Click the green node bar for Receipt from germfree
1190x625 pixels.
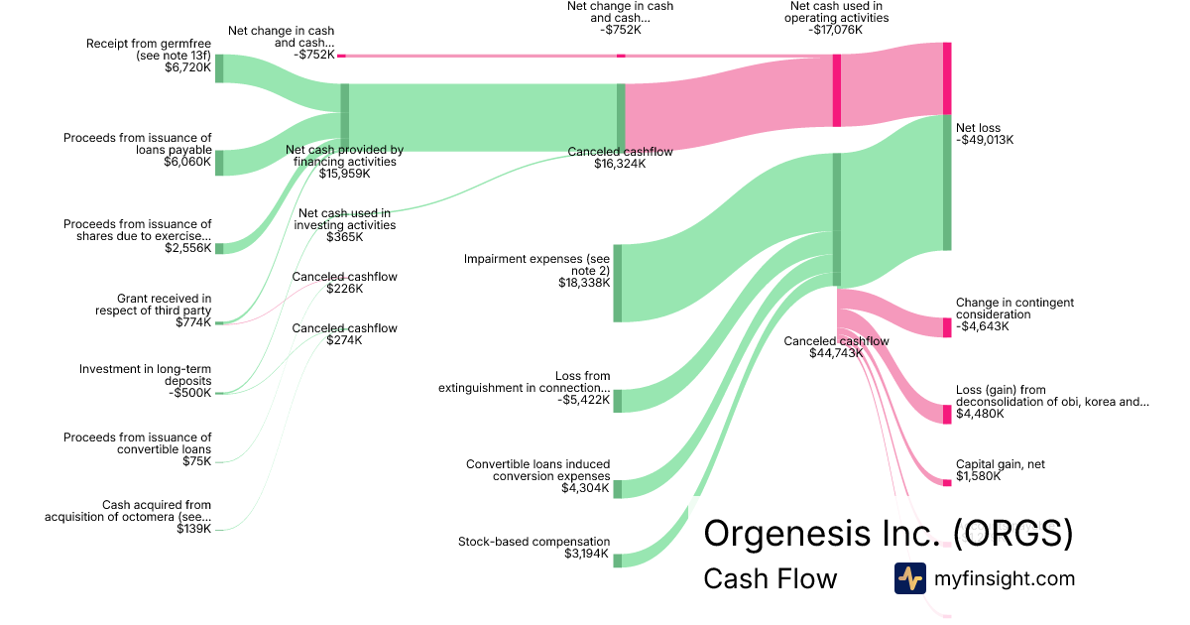(x=219, y=68)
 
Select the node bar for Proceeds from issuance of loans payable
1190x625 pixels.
(x=219, y=163)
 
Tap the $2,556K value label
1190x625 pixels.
(x=188, y=248)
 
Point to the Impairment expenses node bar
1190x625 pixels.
(x=617, y=283)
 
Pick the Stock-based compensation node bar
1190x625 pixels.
(x=617, y=561)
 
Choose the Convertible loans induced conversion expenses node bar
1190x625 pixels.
(x=617, y=488)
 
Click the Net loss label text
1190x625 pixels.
(x=978, y=128)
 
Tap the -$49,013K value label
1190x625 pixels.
(x=985, y=140)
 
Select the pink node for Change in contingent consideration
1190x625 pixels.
(x=946, y=327)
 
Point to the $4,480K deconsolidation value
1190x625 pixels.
(x=980, y=414)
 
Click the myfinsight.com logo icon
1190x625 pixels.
(x=909, y=578)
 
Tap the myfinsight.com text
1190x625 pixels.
(x=1005, y=578)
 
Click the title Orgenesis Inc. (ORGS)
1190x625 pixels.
(x=888, y=534)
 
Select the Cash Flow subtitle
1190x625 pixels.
(x=770, y=578)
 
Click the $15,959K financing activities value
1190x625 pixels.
(x=344, y=174)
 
